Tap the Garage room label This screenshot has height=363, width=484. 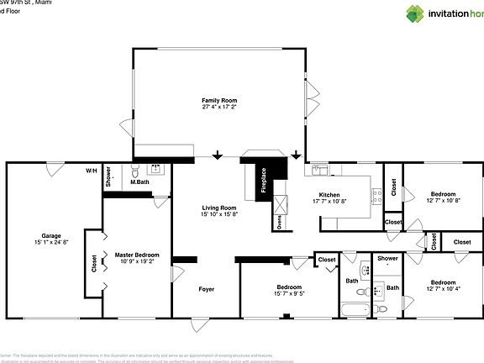tap(51, 235)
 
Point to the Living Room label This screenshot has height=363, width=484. tap(218, 208)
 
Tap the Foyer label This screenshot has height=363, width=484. tap(206, 289)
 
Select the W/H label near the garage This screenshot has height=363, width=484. tap(91, 171)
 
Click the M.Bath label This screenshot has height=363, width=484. tap(139, 181)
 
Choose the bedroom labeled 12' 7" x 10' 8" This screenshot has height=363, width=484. tap(443, 193)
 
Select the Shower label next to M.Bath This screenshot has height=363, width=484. tap(108, 176)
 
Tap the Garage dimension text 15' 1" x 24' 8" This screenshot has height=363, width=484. tap(51, 242)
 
